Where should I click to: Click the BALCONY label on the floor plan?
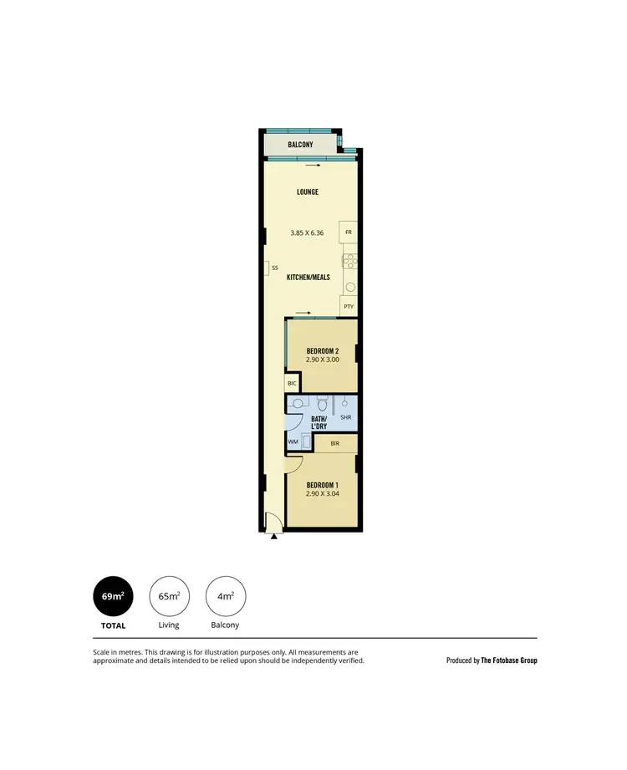coord(300,145)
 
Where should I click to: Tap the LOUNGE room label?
coord(308,192)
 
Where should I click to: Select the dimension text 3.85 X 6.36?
coord(307,232)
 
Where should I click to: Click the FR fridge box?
coord(349,231)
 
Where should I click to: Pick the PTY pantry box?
coord(349,307)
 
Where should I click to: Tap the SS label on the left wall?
coord(274,268)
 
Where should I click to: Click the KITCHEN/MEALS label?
coord(308,277)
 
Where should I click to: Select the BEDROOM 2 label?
coord(322,350)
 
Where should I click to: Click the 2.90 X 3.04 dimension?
coord(322,494)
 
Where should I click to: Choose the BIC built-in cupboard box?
coord(292,383)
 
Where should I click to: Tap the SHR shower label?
coord(345,417)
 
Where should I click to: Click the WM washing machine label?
coord(293,441)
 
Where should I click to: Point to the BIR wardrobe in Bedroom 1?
coord(335,443)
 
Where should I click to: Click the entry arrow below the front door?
coord(274,537)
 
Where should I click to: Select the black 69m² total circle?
coord(113,596)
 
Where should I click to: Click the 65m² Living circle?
coord(170,596)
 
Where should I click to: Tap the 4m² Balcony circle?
coord(226,596)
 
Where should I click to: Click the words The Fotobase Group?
coord(509,660)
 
